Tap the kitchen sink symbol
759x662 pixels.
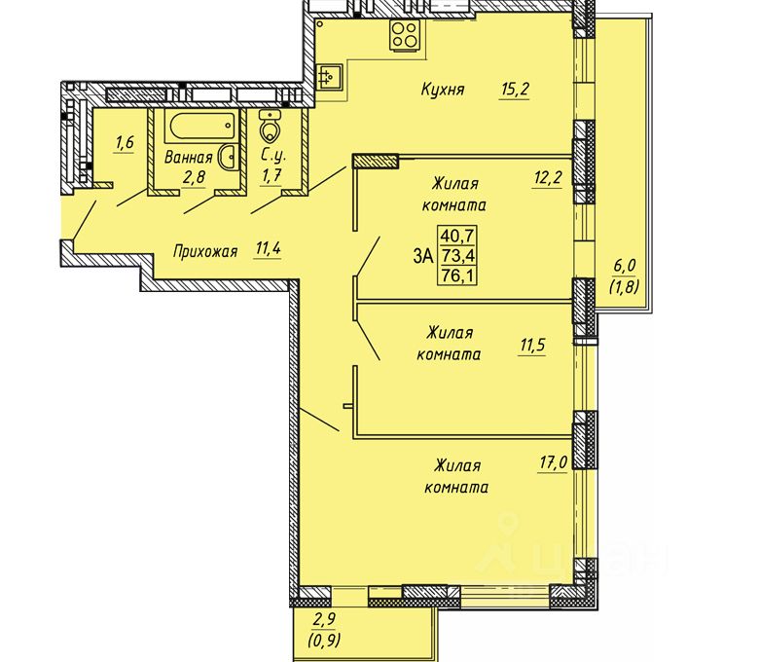(x=330, y=77)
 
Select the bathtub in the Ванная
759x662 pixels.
(x=202, y=125)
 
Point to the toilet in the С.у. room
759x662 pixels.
(x=268, y=126)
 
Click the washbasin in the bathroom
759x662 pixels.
(x=229, y=157)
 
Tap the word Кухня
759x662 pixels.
(x=443, y=90)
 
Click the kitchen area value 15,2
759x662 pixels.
(x=516, y=90)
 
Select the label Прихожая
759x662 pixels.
(x=205, y=252)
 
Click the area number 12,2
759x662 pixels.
(x=548, y=179)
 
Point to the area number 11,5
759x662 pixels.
(x=532, y=346)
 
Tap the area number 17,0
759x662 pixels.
(x=554, y=463)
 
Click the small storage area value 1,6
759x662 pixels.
(x=124, y=143)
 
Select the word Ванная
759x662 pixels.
(x=189, y=158)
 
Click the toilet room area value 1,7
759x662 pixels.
(x=271, y=175)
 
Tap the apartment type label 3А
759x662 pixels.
(x=423, y=256)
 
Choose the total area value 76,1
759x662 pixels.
(x=457, y=276)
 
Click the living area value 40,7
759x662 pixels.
(x=457, y=236)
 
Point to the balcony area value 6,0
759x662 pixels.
(x=625, y=266)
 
